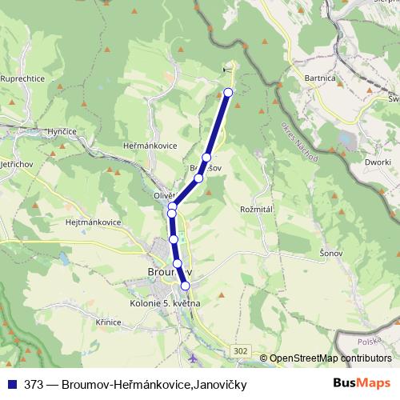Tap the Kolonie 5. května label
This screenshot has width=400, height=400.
pos(164,304)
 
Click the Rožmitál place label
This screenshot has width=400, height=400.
pos(257,209)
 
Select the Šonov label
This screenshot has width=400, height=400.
pos(331,253)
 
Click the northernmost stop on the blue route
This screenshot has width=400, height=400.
pos(228,92)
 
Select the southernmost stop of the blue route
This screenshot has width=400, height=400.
pos(185,286)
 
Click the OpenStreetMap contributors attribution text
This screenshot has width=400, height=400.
pos(330,358)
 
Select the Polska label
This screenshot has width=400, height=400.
pos(370,341)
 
